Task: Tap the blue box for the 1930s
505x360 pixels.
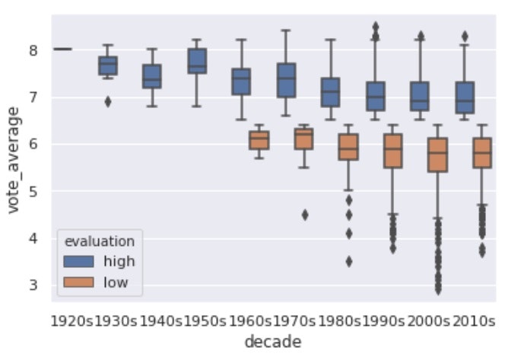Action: point(109,65)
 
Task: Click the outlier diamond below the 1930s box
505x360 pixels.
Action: point(109,101)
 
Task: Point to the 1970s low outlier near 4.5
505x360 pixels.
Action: point(304,215)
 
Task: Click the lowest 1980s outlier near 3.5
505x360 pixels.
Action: point(348,261)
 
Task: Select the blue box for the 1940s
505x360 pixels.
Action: point(152,76)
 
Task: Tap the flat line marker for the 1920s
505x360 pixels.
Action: point(62,49)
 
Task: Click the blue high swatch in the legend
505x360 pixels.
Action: point(79,261)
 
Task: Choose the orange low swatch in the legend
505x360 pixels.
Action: point(79,282)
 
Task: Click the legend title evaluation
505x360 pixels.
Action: point(100,241)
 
